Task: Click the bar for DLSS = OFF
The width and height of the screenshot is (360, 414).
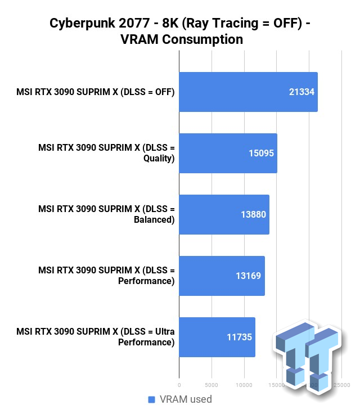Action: [248, 92]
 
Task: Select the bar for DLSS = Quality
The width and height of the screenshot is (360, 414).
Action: [228, 153]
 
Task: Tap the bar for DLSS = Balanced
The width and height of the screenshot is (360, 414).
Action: [224, 214]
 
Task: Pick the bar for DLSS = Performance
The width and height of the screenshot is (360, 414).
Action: [222, 276]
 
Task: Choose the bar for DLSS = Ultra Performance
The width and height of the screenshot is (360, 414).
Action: [217, 337]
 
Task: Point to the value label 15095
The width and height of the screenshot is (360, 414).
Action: [261, 153]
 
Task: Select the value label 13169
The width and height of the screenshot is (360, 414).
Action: [248, 276]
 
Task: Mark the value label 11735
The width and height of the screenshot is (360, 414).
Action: [239, 337]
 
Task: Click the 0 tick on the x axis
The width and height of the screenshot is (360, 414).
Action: [179, 385]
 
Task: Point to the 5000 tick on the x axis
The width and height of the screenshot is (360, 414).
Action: [211, 385]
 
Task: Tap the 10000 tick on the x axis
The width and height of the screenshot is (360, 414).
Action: [244, 385]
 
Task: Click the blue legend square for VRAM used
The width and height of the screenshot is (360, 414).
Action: [151, 399]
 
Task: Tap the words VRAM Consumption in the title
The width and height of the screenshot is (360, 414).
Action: [179, 39]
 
